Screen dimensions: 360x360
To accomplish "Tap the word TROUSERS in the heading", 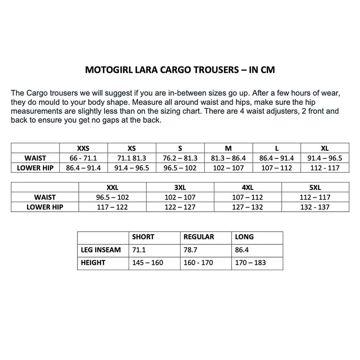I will pyautogui.click(x=217, y=70).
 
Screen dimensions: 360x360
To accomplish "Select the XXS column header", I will pyautogui.click(x=83, y=148).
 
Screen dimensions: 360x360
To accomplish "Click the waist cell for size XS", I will pyautogui.click(x=131, y=158).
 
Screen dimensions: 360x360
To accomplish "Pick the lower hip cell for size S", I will pyautogui.click(x=180, y=168).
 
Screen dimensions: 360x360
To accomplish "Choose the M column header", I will pyautogui.click(x=228, y=148).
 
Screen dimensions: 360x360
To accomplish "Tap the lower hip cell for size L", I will pyautogui.click(x=277, y=168).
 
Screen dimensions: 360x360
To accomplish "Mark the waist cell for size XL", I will pyautogui.click(x=324, y=158).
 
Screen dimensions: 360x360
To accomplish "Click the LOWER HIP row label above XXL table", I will pyautogui.click(x=45, y=207).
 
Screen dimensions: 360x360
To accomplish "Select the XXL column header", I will pyautogui.click(x=112, y=187).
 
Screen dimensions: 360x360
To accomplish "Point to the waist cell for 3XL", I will pyautogui.click(x=180, y=197).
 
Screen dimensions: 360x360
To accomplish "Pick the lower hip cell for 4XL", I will pyautogui.click(x=247, y=207).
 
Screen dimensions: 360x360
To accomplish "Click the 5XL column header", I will pyautogui.click(x=315, y=187).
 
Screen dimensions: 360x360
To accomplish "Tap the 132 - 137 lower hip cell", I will pyautogui.click(x=315, y=207).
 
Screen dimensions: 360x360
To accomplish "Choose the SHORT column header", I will pyautogui.click(x=143, y=237).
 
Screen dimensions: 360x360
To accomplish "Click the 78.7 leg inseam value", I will pyautogui.click(x=191, y=250).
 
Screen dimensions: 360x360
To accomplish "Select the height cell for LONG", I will pyautogui.click(x=250, y=263).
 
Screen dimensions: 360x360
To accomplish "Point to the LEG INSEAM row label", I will pyautogui.click(x=101, y=250).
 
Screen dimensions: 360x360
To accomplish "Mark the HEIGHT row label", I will pyautogui.click(x=93, y=263).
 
